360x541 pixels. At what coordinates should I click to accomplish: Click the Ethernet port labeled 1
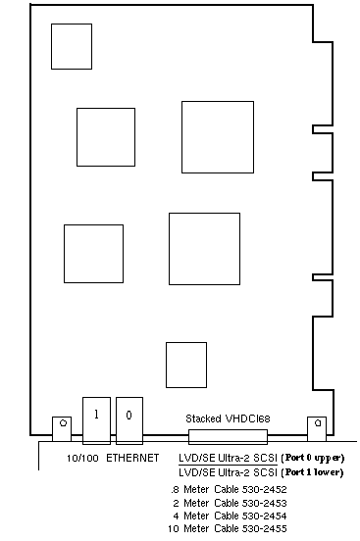tap(96, 420)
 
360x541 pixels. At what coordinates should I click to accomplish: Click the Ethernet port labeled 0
tap(129, 420)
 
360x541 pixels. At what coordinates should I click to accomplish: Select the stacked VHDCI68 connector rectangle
tap(228, 437)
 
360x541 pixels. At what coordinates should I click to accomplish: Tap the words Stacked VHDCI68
tap(228, 418)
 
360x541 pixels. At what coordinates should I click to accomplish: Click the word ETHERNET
tap(132, 458)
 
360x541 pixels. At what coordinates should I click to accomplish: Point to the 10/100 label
tap(82, 459)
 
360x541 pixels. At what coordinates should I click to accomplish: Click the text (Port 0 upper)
tap(313, 458)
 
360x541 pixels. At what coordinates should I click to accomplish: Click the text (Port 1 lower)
tap(312, 472)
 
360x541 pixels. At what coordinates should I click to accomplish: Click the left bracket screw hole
tap(63, 422)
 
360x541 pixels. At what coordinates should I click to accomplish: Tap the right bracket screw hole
tap(318, 422)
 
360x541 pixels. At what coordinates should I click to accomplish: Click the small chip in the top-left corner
tap(72, 47)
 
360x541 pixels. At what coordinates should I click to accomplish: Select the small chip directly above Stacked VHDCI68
tap(186, 365)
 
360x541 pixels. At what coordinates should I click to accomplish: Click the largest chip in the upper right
tap(218, 137)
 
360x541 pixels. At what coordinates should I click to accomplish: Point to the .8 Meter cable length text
tap(190, 489)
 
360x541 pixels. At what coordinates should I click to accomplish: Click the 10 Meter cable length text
tap(188, 528)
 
